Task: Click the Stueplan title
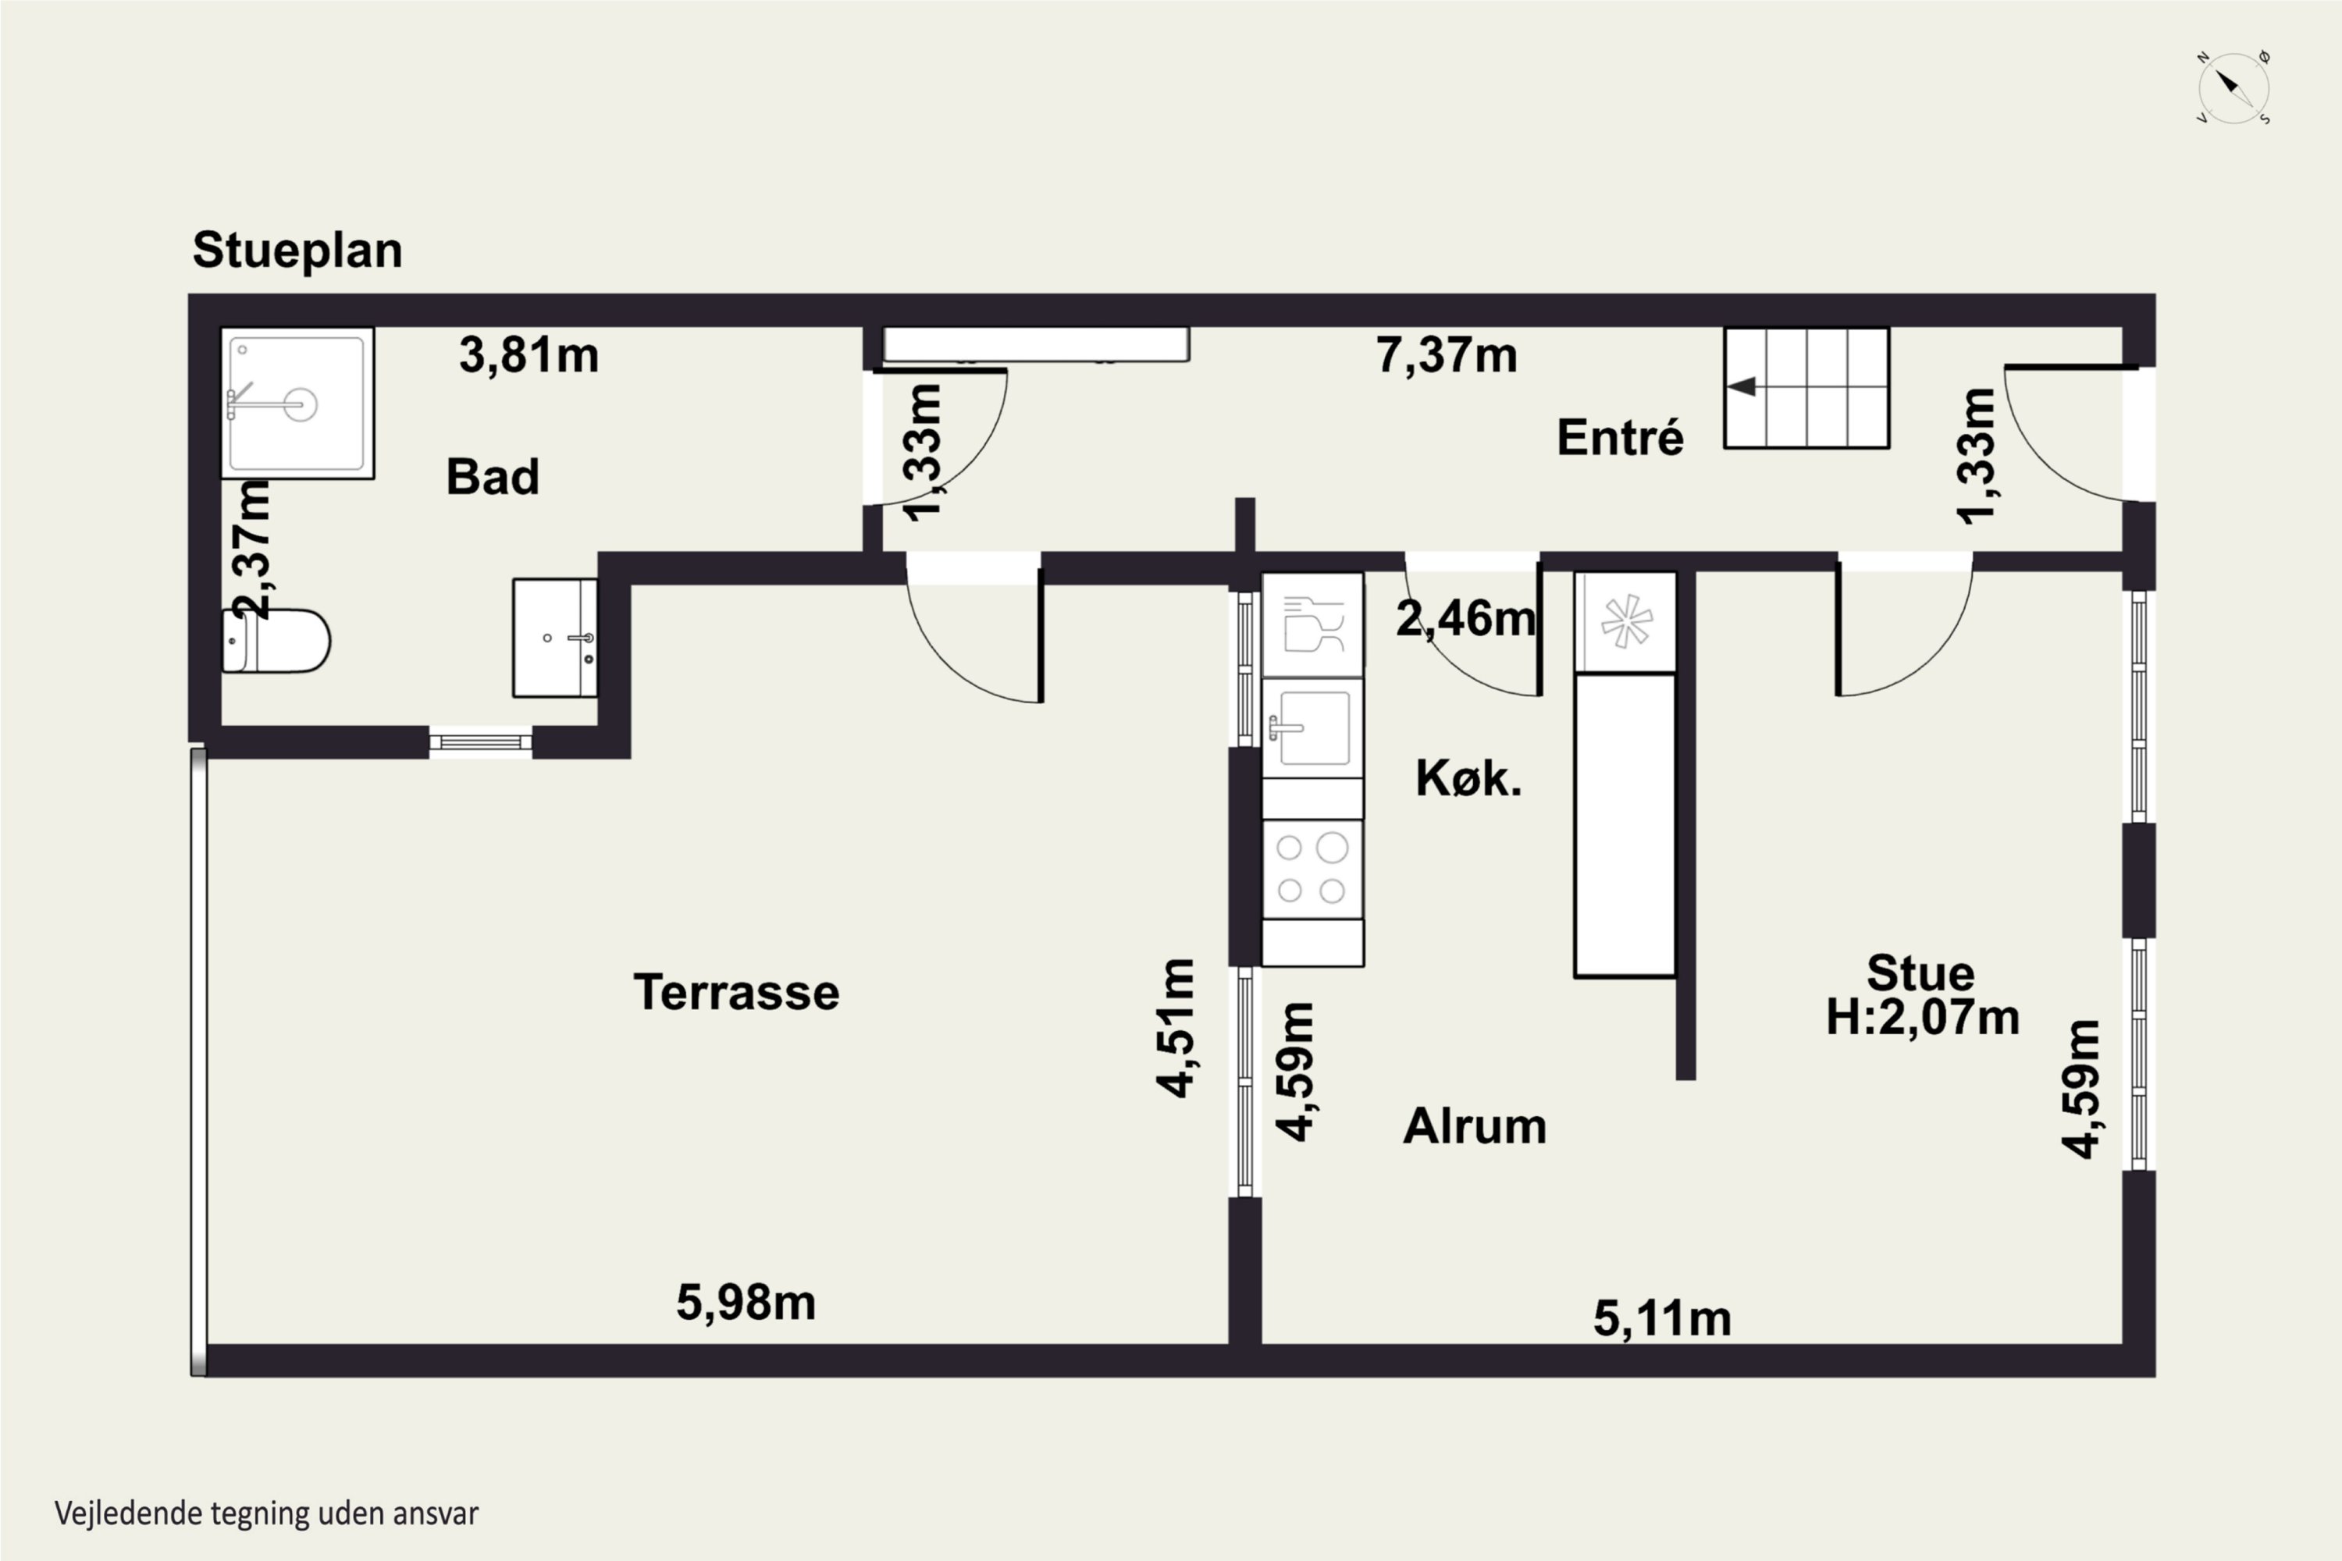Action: pos(297,250)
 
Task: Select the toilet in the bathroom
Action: pos(275,641)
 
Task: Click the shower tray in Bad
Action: pos(297,404)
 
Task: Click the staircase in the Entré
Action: pos(1806,387)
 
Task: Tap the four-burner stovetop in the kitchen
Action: pos(1312,869)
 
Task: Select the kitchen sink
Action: pos(1312,727)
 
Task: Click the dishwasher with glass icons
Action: pos(1312,625)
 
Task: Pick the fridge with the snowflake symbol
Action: pos(1625,622)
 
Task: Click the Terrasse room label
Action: pos(737,993)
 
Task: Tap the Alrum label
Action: pos(1475,1126)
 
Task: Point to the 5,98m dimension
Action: pos(746,1302)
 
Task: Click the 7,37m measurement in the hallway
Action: pos(1447,355)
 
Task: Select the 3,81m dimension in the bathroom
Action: pos(529,355)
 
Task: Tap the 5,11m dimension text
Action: pos(1663,1319)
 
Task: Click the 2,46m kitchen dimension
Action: pos(1466,618)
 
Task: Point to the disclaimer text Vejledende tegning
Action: pos(267,1513)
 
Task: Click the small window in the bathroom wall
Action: pos(480,741)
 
